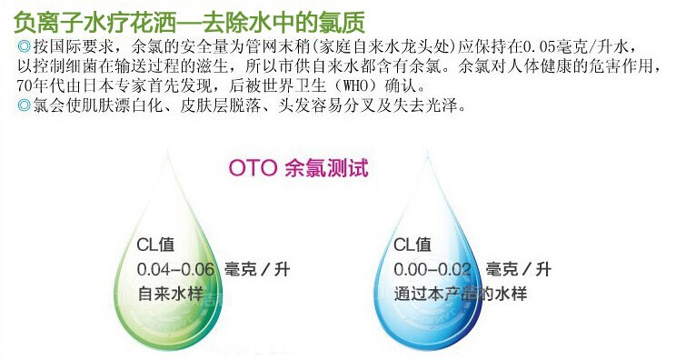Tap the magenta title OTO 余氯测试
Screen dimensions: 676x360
click(x=298, y=167)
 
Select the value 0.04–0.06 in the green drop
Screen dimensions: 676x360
click(x=175, y=269)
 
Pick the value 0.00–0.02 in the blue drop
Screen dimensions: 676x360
click(x=432, y=269)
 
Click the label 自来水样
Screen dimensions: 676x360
click(x=170, y=294)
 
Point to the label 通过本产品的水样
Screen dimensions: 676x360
click(x=460, y=294)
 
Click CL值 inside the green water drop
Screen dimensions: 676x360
click(x=155, y=245)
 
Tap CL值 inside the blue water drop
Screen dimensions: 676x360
click(x=413, y=245)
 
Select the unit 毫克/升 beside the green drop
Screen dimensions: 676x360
click(x=257, y=269)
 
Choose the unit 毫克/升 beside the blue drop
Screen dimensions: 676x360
click(x=519, y=269)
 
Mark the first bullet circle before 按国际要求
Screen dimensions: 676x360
click(x=25, y=46)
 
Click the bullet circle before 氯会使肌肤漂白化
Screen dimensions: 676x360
click(x=25, y=105)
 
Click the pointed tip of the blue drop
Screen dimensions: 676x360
click(x=427, y=152)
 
